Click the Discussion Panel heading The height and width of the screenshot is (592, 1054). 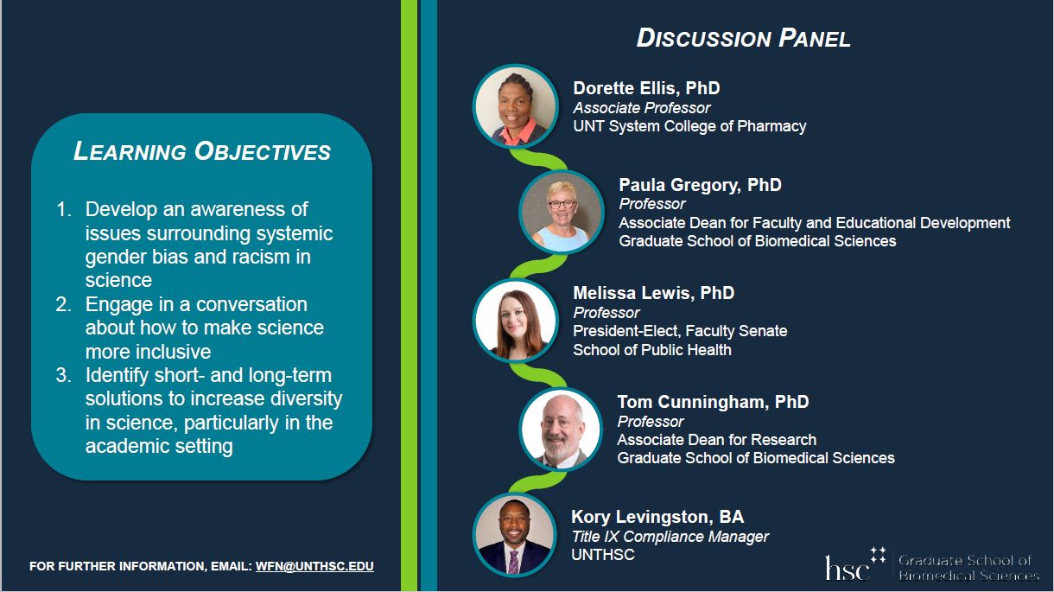(744, 38)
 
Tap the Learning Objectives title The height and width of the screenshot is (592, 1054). (202, 151)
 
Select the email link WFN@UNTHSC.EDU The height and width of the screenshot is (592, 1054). (314, 566)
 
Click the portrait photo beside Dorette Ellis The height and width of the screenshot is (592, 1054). (516, 106)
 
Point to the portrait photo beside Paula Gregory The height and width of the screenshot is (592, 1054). (562, 213)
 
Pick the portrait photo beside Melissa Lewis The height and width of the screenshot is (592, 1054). (516, 321)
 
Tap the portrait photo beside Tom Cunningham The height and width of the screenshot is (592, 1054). (561, 430)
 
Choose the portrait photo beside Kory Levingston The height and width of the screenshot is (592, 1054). (515, 536)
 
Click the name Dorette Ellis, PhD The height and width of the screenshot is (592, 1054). (646, 88)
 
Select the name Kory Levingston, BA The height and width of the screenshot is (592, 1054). (657, 517)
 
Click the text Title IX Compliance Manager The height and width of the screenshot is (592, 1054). (670, 537)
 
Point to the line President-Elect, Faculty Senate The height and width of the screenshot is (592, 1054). (680, 331)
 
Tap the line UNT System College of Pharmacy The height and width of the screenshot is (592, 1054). (689, 126)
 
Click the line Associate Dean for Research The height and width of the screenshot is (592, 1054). (716, 440)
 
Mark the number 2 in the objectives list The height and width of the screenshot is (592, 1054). (64, 304)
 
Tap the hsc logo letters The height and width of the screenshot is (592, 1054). (847, 568)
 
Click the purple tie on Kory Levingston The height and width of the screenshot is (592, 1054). (513, 562)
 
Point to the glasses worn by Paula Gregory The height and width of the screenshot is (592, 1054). (562, 204)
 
